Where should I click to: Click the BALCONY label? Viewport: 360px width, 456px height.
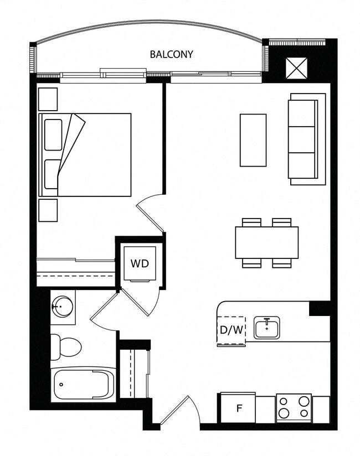(171, 54)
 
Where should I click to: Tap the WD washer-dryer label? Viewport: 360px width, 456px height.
(140, 263)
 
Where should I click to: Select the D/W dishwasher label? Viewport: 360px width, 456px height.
(232, 330)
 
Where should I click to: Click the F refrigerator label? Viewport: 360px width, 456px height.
(239, 408)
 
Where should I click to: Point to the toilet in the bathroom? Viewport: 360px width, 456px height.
(66, 347)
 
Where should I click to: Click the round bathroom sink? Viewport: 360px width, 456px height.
(61, 306)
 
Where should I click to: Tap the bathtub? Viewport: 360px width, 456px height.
(84, 385)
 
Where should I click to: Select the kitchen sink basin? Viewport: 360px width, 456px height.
(267, 328)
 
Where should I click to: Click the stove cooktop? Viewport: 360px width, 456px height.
(294, 408)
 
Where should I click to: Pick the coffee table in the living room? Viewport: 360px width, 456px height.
(253, 140)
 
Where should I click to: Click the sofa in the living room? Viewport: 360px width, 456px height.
(307, 139)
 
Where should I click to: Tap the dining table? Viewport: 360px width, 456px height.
(266, 242)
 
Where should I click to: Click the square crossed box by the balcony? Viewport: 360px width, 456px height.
(296, 68)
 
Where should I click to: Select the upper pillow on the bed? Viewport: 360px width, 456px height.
(53, 134)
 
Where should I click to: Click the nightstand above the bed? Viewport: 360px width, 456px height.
(48, 99)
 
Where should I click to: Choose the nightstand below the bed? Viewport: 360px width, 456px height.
(48, 210)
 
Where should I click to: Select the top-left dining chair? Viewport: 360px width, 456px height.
(251, 222)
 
